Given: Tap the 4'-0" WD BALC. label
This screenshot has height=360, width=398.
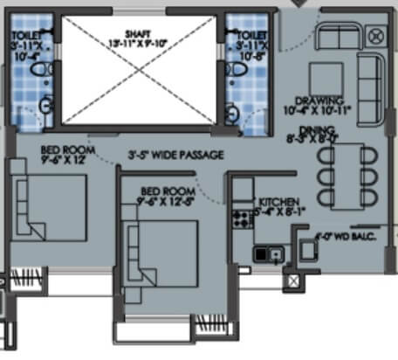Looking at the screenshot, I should tap(341, 234).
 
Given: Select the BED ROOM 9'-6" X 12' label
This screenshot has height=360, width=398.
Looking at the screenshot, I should tap(66, 155).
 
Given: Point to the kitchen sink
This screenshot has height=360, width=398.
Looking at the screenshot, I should tap(269, 253).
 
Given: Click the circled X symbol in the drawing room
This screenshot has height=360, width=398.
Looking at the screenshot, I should tap(376, 36).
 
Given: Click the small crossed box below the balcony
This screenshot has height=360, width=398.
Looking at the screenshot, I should tap(292, 281).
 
